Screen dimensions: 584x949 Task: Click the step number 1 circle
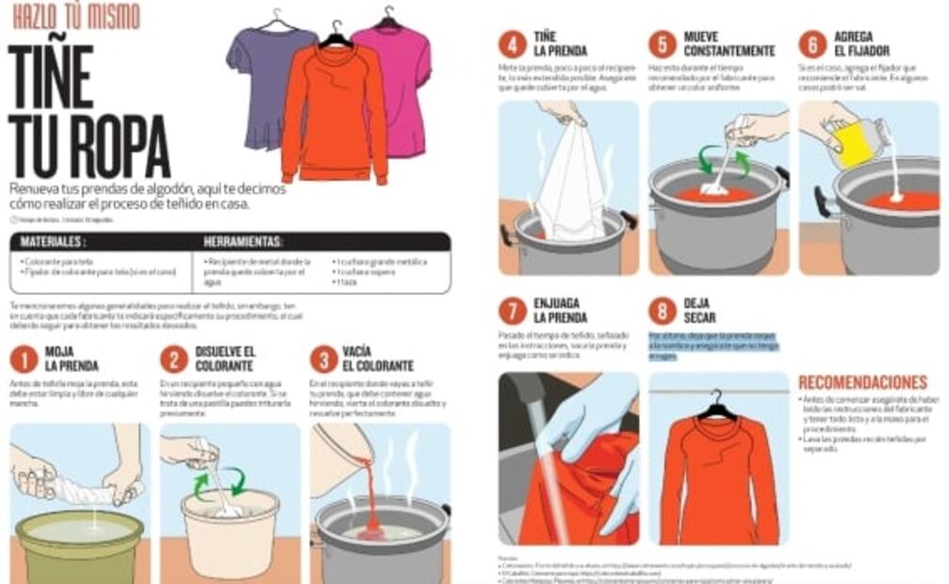click(23, 360)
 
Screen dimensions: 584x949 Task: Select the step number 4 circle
click(512, 44)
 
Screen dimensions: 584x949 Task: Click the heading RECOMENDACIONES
click(862, 382)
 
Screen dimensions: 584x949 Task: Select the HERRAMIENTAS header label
click(242, 242)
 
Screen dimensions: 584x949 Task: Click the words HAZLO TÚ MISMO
click(75, 16)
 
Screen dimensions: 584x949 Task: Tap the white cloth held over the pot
click(571, 184)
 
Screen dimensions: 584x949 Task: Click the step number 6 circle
click(812, 44)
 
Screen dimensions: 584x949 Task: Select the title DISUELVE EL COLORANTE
click(224, 359)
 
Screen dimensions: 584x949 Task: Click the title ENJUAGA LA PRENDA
click(560, 311)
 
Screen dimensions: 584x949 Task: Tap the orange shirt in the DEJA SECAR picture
click(718, 480)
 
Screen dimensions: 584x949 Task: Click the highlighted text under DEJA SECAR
click(713, 346)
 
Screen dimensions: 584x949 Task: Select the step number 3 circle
click(323, 360)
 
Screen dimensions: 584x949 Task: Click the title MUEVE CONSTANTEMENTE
click(728, 44)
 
